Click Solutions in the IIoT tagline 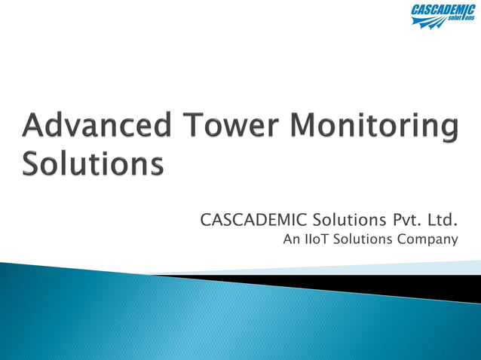[366, 240]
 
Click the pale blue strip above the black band [422, 267]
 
